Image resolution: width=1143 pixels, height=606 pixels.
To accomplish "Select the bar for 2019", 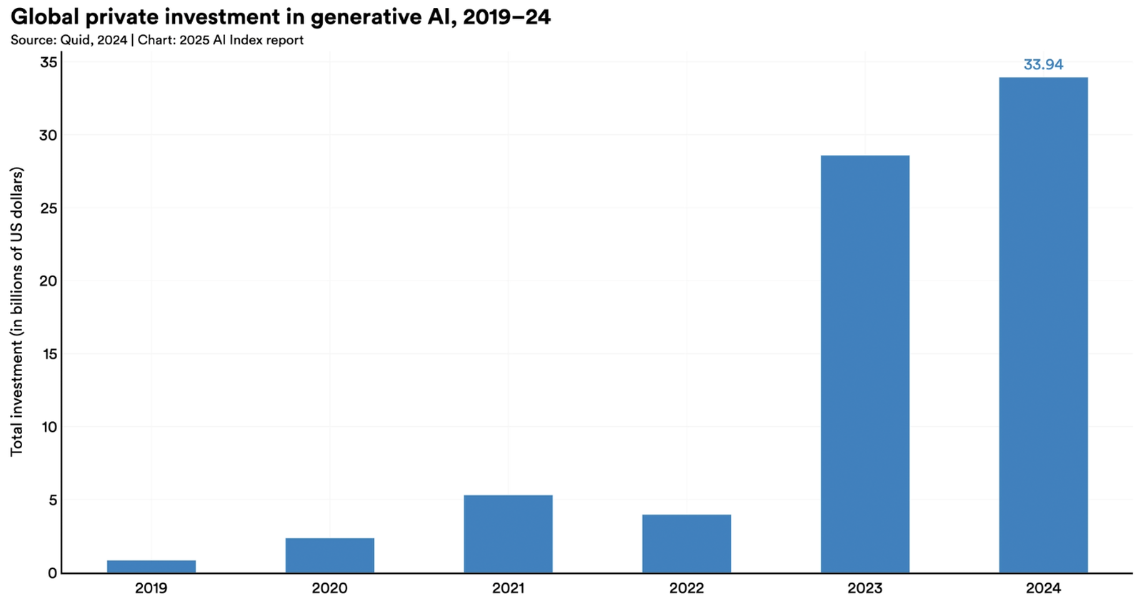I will tap(151, 566).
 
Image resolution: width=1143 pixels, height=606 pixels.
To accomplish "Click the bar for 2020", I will tap(329, 555).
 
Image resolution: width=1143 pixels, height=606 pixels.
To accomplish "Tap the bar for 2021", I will tap(508, 534).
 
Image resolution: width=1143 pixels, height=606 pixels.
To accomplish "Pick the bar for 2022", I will tap(686, 543).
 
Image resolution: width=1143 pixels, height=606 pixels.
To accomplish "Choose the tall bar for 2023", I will tap(864, 364).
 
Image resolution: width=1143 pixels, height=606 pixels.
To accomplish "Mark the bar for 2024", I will tap(1043, 325).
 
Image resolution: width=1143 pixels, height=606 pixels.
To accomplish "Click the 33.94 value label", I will tap(1043, 65).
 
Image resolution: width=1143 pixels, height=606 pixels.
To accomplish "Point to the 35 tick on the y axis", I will tap(49, 62).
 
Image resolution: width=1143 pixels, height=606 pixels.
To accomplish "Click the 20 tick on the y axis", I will tap(49, 281).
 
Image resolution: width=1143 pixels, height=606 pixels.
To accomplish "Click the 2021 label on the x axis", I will tap(508, 589).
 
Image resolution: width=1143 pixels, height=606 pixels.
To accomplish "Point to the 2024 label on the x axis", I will tap(1043, 589).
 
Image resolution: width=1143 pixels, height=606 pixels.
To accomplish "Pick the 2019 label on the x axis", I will tap(151, 589).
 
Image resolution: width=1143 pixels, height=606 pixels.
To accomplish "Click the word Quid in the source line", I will tap(74, 41).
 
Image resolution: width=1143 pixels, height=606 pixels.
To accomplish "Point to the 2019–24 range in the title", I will tap(506, 17).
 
